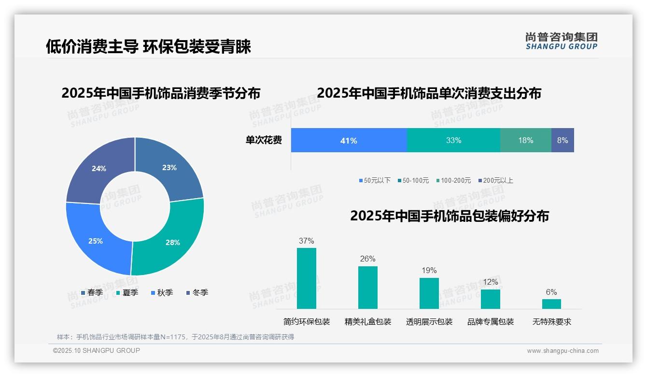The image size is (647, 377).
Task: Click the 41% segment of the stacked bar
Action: coord(349,140)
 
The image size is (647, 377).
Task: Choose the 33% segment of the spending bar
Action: coord(453,140)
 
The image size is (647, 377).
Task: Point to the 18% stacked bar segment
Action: coord(525,140)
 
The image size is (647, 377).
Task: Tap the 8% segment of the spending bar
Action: coord(563,140)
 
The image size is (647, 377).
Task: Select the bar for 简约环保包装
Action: coord(306,278)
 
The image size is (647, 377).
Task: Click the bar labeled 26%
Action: coord(367,288)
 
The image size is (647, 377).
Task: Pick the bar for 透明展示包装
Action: coord(429,293)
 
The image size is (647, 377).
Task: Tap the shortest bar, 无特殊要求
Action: coord(551,304)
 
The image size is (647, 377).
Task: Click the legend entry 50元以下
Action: coord(375,180)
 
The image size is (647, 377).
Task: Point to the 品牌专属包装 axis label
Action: coord(490,321)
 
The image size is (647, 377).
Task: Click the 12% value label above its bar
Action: coord(490,282)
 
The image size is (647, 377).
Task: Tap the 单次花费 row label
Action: coord(264,140)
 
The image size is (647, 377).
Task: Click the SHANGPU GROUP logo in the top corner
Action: coord(561,41)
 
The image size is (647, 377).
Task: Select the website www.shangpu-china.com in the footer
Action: coord(563,351)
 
